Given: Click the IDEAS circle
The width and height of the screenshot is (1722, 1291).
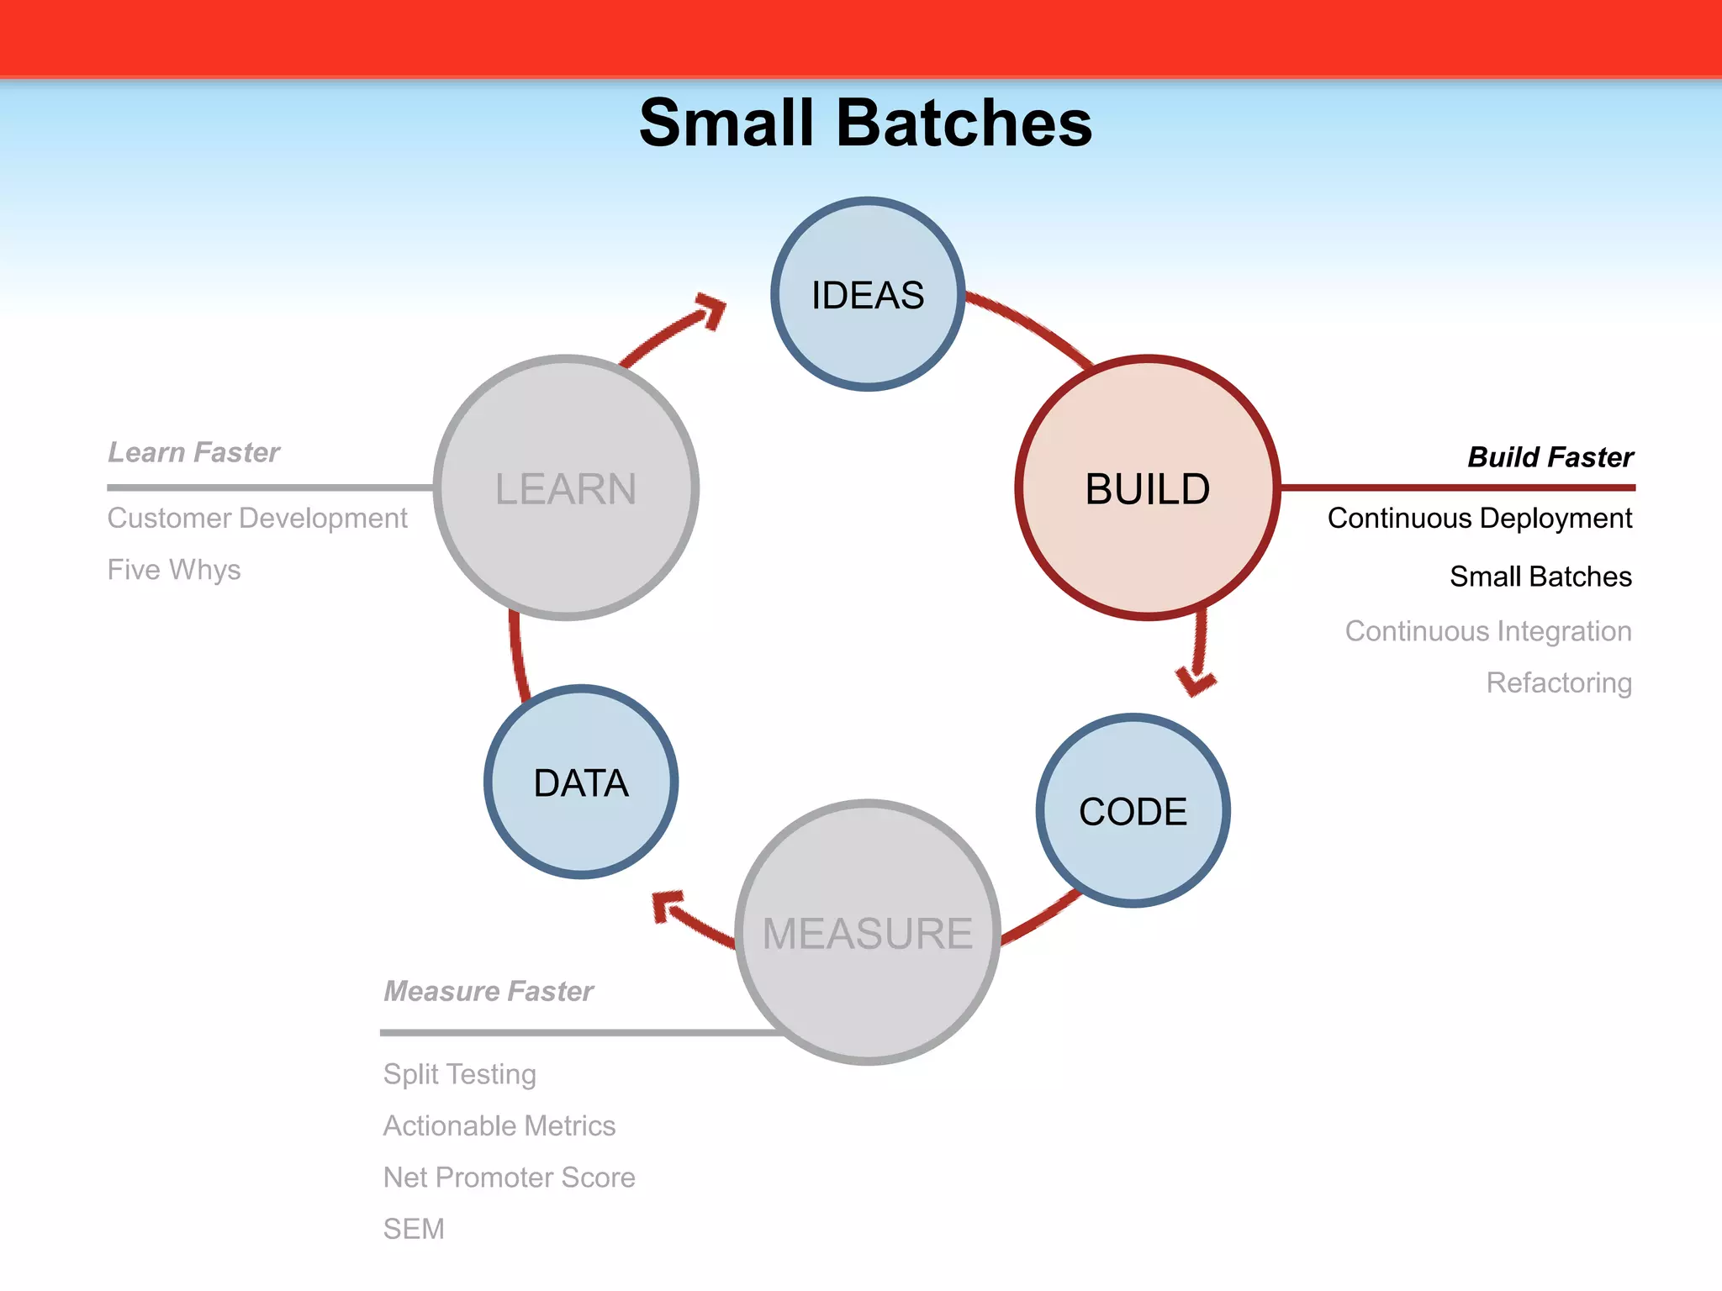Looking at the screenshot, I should (x=867, y=294).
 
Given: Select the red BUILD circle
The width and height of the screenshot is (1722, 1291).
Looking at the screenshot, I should (x=1147, y=488).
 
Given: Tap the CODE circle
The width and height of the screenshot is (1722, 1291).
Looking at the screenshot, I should (x=1133, y=811).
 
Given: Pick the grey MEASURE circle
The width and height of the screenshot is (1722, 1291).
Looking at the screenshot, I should (x=867, y=933).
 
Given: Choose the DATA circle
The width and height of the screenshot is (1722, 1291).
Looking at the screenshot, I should (x=580, y=783).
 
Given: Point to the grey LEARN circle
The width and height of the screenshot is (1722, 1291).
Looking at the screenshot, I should (x=566, y=488).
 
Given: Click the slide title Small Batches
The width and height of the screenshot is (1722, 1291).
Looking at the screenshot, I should (x=865, y=123).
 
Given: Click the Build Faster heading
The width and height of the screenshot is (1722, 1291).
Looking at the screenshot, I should (x=1550, y=457).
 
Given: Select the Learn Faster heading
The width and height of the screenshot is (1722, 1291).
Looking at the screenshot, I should (x=193, y=452).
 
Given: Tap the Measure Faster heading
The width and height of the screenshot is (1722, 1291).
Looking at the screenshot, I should (x=489, y=991).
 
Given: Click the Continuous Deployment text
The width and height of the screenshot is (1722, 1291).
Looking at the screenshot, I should (x=1479, y=518).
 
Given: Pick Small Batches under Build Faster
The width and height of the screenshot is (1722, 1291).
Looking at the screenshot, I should (x=1540, y=577).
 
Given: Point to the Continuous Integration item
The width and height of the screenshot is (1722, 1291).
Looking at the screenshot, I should (x=1487, y=630).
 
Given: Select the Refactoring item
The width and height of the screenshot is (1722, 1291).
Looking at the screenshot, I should (x=1558, y=682).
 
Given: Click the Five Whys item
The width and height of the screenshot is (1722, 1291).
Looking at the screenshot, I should (x=174, y=570).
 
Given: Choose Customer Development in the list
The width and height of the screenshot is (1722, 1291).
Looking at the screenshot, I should (x=257, y=518).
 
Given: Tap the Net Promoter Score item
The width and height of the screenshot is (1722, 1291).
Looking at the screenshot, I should (x=509, y=1177).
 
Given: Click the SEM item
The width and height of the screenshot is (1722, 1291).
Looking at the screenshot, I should (x=414, y=1229).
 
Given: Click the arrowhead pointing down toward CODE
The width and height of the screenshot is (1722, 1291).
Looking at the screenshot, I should (x=1196, y=681).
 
